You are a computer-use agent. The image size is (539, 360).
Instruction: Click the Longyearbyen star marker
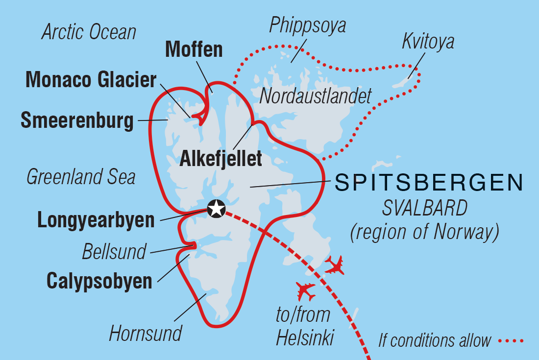(216, 209)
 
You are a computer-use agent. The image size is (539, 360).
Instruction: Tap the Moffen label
(194, 49)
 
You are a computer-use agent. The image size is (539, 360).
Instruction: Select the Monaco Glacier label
(91, 80)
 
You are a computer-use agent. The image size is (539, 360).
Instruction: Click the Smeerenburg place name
(77, 120)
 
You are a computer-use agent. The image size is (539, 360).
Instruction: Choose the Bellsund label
(114, 252)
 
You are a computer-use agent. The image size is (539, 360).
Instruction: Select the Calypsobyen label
(99, 281)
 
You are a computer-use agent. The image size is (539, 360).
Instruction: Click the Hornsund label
(146, 334)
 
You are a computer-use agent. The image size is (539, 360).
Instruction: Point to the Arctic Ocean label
(89, 32)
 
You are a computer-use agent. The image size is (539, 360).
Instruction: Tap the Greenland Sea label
(81, 177)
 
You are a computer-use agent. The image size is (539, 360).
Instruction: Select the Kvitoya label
(428, 42)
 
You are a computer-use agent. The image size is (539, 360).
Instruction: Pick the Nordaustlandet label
(316, 96)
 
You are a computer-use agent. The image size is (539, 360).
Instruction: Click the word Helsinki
(305, 338)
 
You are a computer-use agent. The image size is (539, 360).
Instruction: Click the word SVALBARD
(425, 209)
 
